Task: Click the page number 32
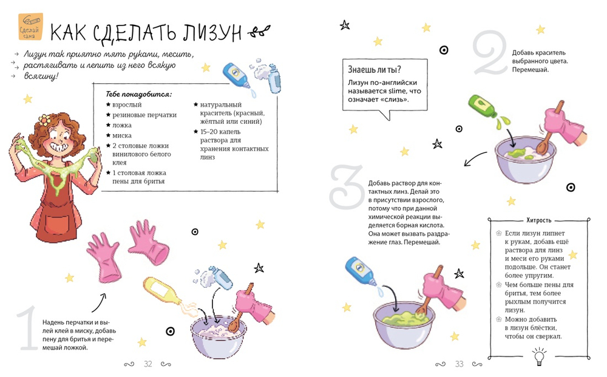click(148, 364)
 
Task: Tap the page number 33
click(459, 364)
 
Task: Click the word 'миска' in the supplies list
click(122, 135)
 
